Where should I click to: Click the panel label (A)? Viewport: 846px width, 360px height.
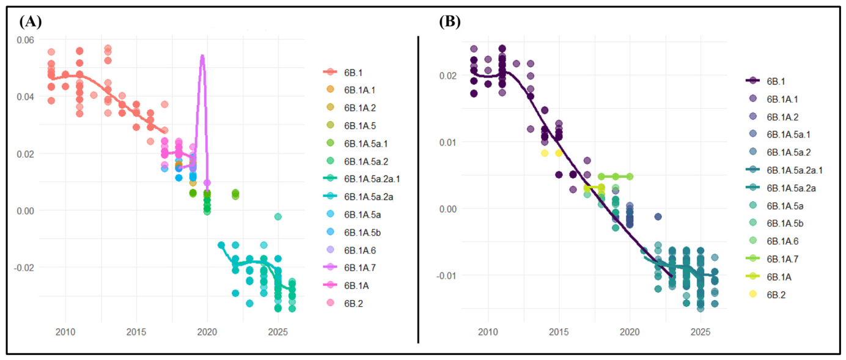point(31,22)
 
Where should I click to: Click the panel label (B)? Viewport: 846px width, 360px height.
point(449,22)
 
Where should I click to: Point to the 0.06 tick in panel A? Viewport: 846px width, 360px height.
point(25,40)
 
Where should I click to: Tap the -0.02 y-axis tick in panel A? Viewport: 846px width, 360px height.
point(24,268)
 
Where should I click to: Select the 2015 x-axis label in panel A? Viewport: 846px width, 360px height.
point(136,332)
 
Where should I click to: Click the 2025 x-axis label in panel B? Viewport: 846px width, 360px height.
point(701,332)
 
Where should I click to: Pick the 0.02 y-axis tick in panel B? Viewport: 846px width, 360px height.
point(448,76)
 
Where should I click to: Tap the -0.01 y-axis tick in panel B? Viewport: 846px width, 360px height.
point(447,276)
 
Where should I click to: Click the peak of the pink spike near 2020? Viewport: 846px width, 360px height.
point(203,56)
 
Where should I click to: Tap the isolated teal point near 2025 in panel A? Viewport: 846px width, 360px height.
point(278,217)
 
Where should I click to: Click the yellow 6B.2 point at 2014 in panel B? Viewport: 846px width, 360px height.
point(545,153)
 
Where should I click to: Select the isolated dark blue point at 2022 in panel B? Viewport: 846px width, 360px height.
point(658,217)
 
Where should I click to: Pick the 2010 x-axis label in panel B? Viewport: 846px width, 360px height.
point(488,332)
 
